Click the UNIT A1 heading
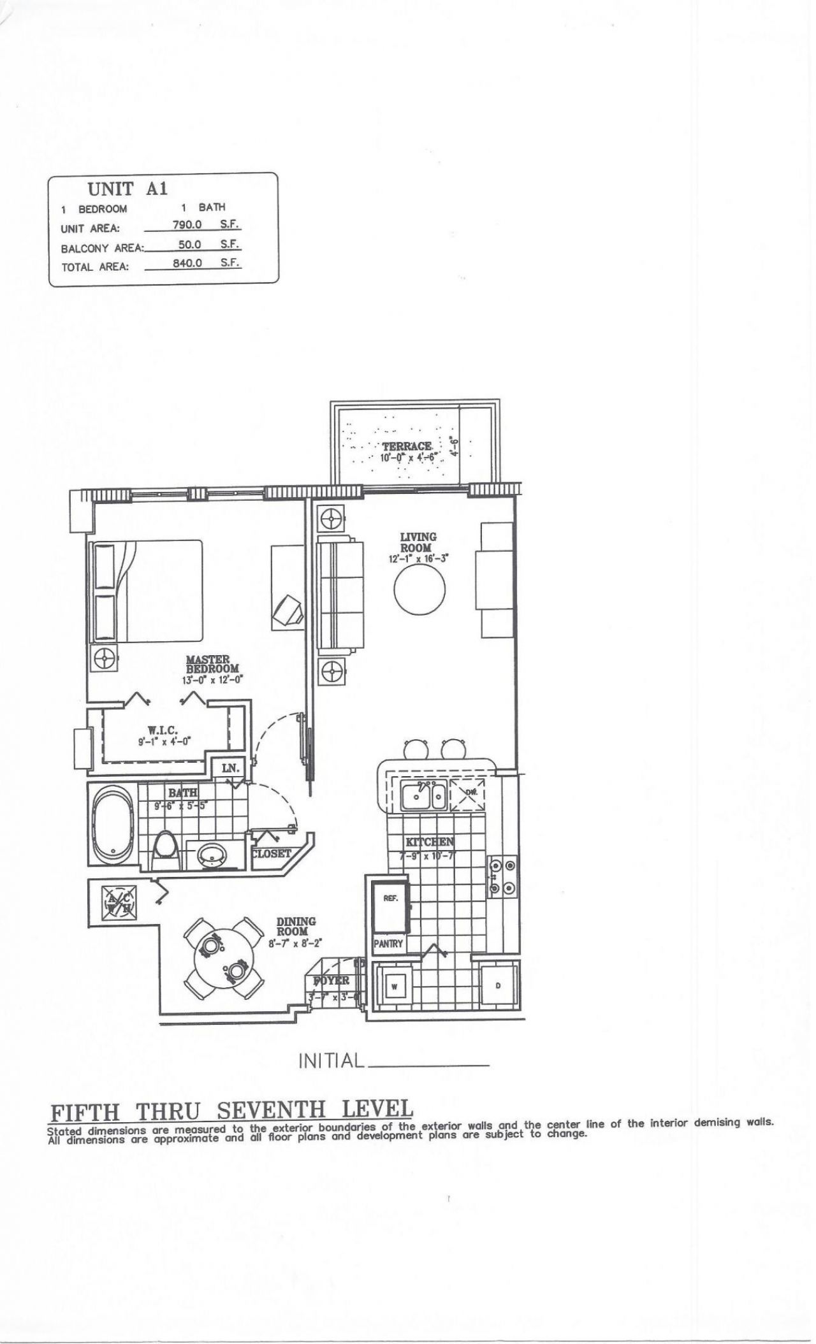point(128,189)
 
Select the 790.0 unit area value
point(187,224)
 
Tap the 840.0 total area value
point(187,263)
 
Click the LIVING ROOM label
point(418,542)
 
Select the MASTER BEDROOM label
point(212,664)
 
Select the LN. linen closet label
point(229,768)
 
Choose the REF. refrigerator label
point(390,899)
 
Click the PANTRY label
point(388,943)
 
